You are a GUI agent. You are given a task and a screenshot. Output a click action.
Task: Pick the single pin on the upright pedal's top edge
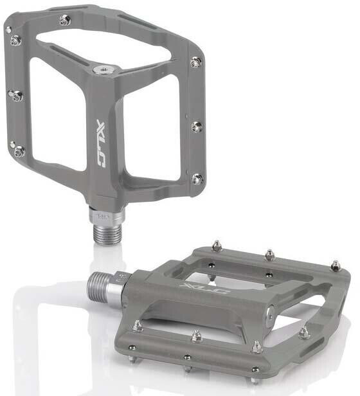[64, 21]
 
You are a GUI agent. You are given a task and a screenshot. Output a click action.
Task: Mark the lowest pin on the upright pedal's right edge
[197, 178]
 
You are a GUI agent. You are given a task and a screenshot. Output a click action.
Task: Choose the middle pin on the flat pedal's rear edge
[270, 255]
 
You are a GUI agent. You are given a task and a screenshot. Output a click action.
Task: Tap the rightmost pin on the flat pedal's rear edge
[335, 265]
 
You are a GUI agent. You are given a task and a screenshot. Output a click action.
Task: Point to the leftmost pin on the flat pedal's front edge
[137, 327]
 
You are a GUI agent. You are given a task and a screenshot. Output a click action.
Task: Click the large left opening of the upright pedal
[58, 109]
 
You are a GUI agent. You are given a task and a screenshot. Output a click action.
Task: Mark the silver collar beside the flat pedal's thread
[119, 283]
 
